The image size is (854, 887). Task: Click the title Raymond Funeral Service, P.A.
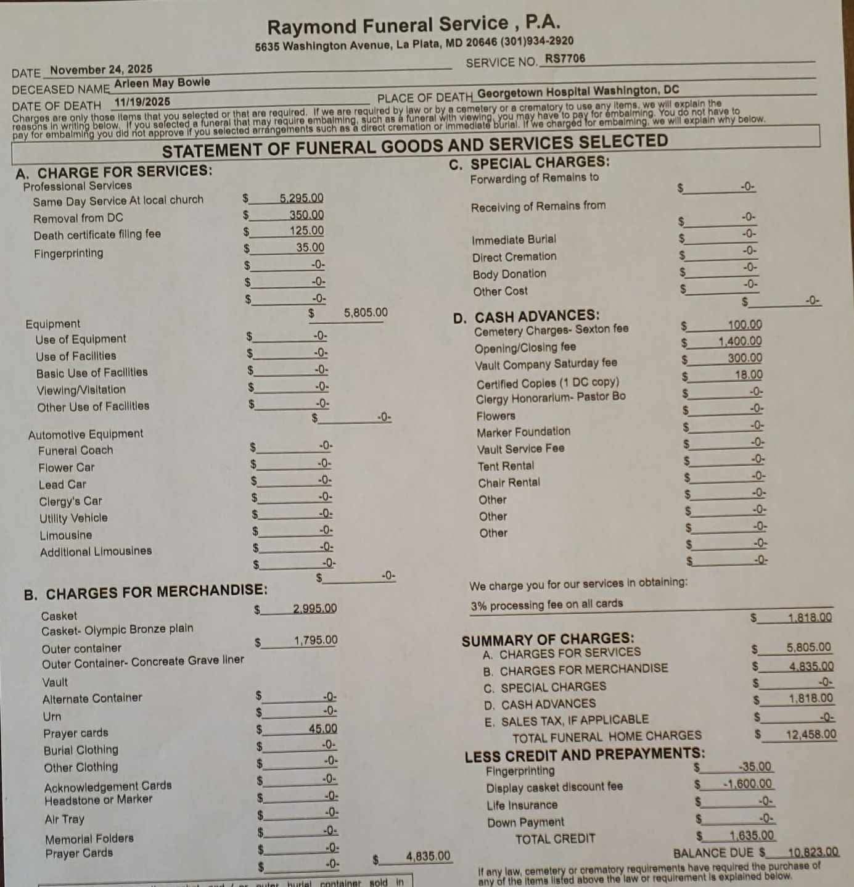click(x=413, y=25)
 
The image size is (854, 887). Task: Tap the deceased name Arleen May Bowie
click(x=162, y=83)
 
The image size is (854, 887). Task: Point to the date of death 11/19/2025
click(x=142, y=102)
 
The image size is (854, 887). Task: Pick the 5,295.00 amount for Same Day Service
click(x=301, y=198)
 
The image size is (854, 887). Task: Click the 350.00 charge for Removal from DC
click(x=306, y=215)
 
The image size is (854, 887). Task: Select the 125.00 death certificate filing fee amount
click(x=306, y=231)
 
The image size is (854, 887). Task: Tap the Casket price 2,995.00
click(x=314, y=608)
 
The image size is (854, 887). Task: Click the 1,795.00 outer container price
click(x=316, y=640)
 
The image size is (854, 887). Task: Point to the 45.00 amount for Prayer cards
click(x=322, y=728)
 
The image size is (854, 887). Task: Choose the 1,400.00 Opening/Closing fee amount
click(x=740, y=341)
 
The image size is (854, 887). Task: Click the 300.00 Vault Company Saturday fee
click(x=745, y=358)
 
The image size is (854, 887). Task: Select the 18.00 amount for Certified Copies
click(x=749, y=374)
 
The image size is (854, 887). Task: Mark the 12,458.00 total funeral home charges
click(x=811, y=735)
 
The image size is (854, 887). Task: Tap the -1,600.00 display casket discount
click(x=747, y=784)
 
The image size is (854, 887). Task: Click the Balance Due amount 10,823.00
click(x=813, y=852)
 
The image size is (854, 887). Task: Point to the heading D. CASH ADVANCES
click(x=526, y=317)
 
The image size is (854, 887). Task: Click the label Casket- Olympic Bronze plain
click(x=117, y=630)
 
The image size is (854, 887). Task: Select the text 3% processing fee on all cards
click(x=546, y=604)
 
